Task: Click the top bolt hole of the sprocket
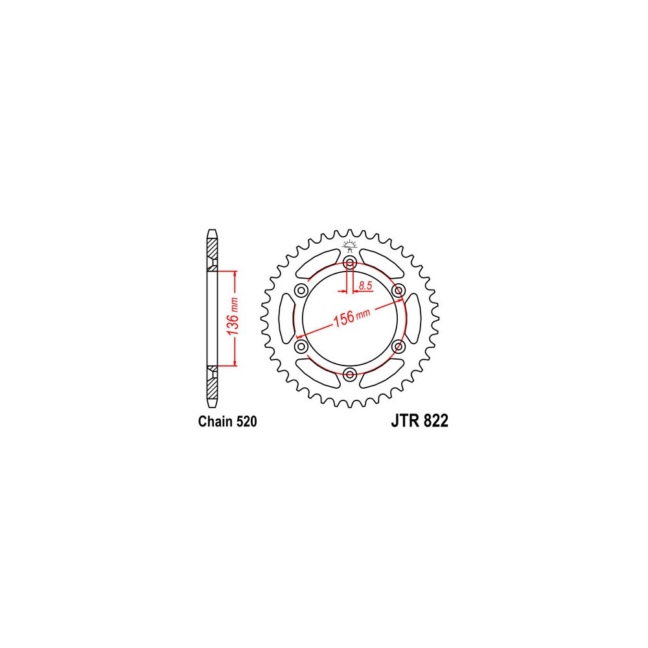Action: pos(350,262)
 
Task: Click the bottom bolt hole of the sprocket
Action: pos(350,375)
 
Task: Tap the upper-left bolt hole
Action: pos(301,290)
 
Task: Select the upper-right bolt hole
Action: pos(399,290)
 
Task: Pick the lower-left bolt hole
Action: pos(301,346)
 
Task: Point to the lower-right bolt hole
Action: pos(399,346)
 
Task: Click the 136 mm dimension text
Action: pos(233,316)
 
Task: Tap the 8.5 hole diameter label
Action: pos(365,285)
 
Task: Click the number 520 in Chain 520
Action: pos(247,421)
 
